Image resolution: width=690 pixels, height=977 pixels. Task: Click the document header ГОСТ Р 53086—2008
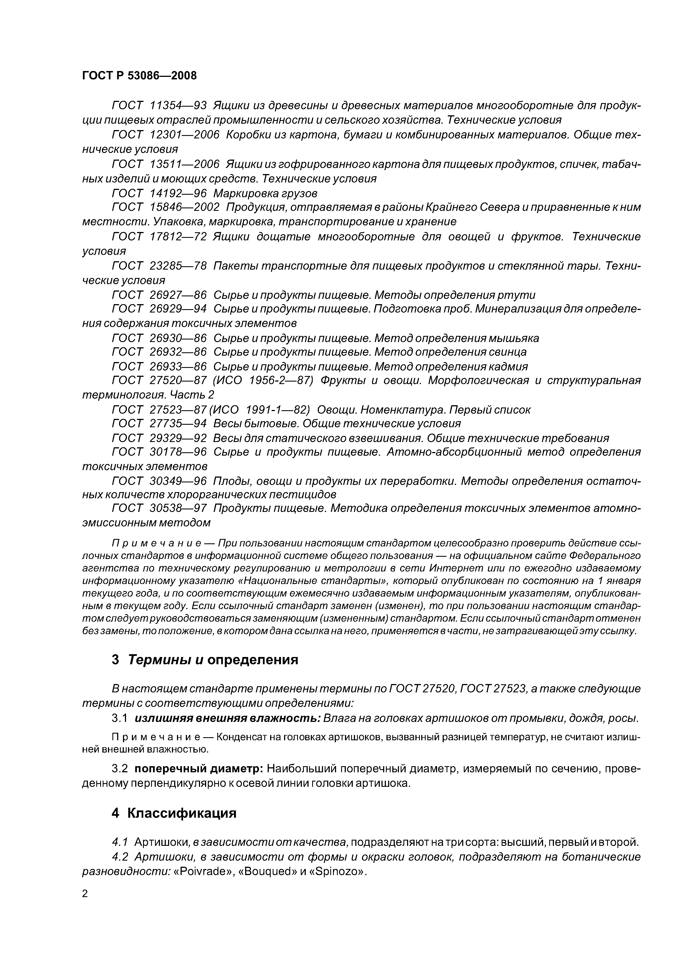point(139,76)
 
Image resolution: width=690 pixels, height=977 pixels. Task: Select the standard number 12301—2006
point(184,135)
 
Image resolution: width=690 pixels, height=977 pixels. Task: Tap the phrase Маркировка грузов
point(265,194)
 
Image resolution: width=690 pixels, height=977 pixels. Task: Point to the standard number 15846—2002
point(184,207)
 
